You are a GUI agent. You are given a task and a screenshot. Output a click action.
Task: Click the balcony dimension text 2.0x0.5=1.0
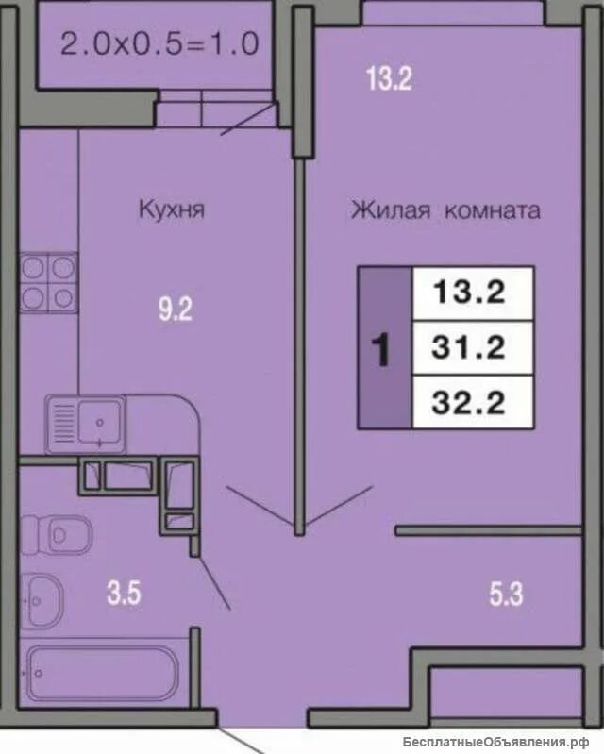[160, 43]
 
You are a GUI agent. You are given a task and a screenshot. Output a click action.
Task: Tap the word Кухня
[172, 209]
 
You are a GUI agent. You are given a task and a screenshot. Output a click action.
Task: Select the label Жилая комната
[445, 210]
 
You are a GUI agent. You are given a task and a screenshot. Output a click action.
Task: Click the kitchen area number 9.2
[176, 310]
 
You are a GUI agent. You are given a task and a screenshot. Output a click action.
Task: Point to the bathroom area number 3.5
[124, 593]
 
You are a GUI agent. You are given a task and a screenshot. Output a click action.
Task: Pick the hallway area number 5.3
[507, 595]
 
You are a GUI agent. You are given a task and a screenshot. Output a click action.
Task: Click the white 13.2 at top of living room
[389, 78]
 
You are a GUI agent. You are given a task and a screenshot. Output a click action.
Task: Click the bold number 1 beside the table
[381, 350]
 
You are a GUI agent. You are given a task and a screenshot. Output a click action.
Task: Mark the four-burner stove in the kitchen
[49, 283]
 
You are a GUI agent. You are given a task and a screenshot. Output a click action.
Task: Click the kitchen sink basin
[99, 422]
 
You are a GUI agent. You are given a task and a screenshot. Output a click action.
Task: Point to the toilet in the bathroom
[57, 535]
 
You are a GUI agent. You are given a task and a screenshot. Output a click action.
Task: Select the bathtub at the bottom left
[103, 673]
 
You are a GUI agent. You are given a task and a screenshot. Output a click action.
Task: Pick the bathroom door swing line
[214, 583]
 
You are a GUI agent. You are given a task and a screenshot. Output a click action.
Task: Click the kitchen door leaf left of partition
[260, 506]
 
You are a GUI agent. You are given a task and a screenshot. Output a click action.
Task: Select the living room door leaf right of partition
[339, 505]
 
